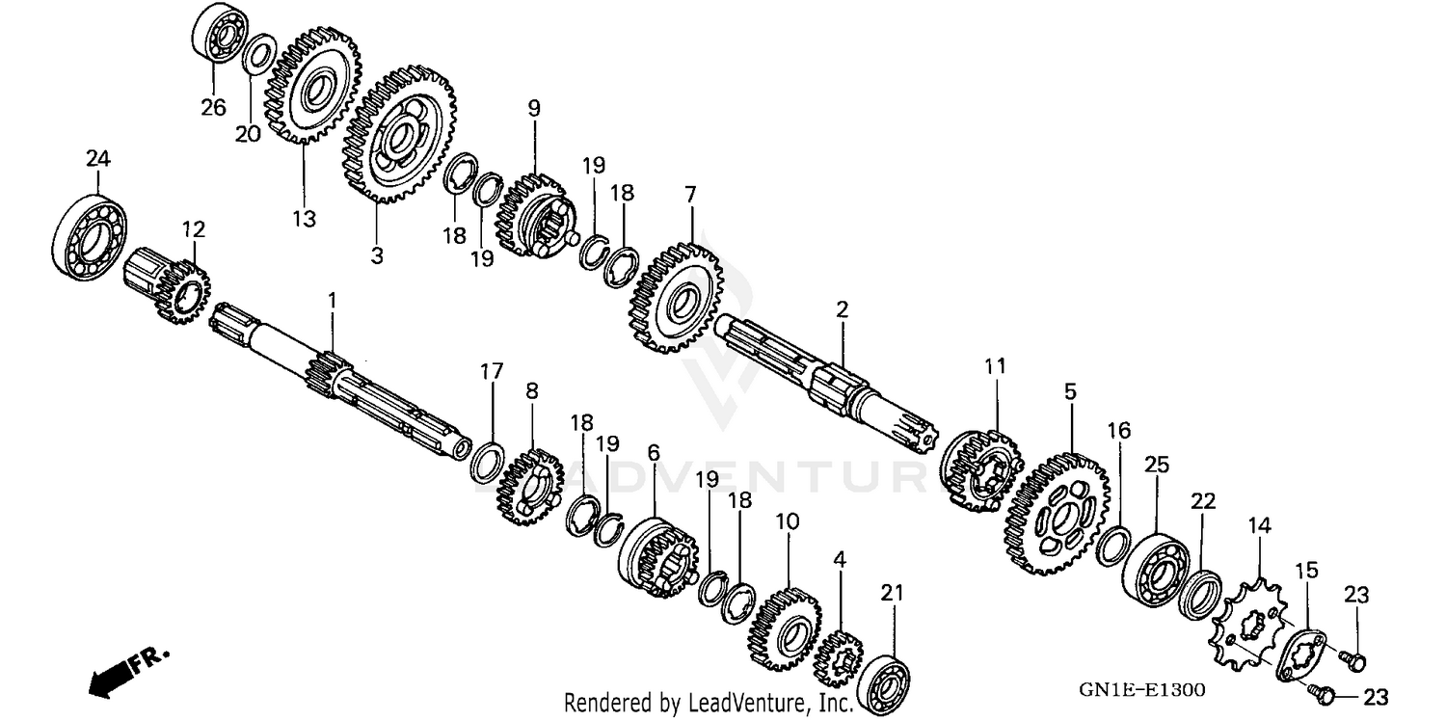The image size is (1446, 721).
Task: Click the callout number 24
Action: coord(97,157)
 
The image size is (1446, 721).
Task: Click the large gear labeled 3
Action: coord(398,136)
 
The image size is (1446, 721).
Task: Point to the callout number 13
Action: coord(304,219)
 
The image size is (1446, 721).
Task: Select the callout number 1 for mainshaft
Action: coord(333,301)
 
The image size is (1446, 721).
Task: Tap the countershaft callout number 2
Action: coord(842,309)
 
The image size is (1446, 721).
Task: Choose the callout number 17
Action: coord(492,370)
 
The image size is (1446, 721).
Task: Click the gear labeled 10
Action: coord(784,629)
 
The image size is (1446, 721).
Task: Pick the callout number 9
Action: coord(533,108)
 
